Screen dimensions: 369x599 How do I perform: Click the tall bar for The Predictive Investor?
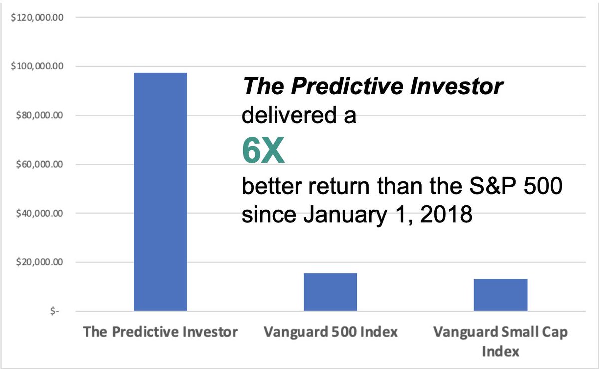(160, 192)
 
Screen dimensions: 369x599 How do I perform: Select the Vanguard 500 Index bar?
(330, 292)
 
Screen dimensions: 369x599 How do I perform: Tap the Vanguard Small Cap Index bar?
(500, 295)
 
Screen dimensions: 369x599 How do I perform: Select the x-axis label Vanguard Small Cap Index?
(500, 341)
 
